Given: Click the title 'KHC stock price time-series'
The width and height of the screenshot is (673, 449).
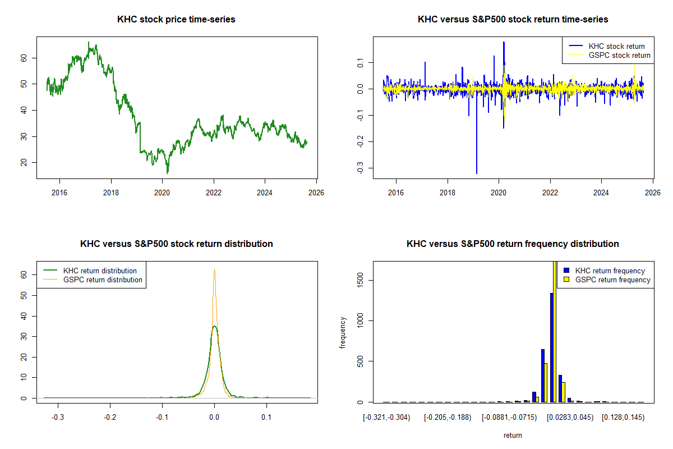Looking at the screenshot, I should tap(176, 20).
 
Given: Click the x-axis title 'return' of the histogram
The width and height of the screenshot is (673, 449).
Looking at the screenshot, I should tap(513, 435).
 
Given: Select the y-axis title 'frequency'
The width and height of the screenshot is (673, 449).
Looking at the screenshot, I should tap(343, 332).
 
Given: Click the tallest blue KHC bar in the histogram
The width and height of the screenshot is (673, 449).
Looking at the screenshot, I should tap(552, 348).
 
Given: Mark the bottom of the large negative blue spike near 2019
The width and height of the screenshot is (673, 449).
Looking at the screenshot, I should tap(477, 173).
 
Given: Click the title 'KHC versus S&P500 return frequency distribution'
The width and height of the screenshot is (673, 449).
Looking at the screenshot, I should tap(513, 244).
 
